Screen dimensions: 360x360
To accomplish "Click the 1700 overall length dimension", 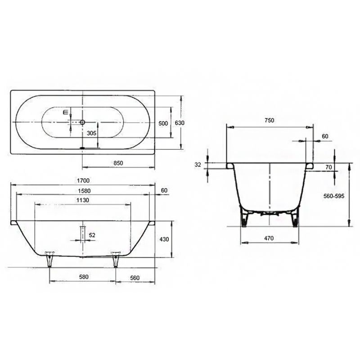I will [x=82, y=180].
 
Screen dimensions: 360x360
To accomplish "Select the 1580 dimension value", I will [x=82, y=190].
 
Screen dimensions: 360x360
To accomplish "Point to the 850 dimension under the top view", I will [x=118, y=162].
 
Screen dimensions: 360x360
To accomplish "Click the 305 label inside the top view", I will [x=91, y=133].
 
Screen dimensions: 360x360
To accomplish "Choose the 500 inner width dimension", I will [x=163, y=123].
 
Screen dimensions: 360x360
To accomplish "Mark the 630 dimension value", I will [x=180, y=123].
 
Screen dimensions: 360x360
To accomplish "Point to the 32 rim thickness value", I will [x=198, y=165].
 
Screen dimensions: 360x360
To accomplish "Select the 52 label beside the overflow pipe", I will [x=92, y=235].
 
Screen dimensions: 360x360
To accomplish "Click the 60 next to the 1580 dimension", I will [x=163, y=190].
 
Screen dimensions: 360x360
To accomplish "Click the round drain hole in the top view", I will [x=82, y=122].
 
